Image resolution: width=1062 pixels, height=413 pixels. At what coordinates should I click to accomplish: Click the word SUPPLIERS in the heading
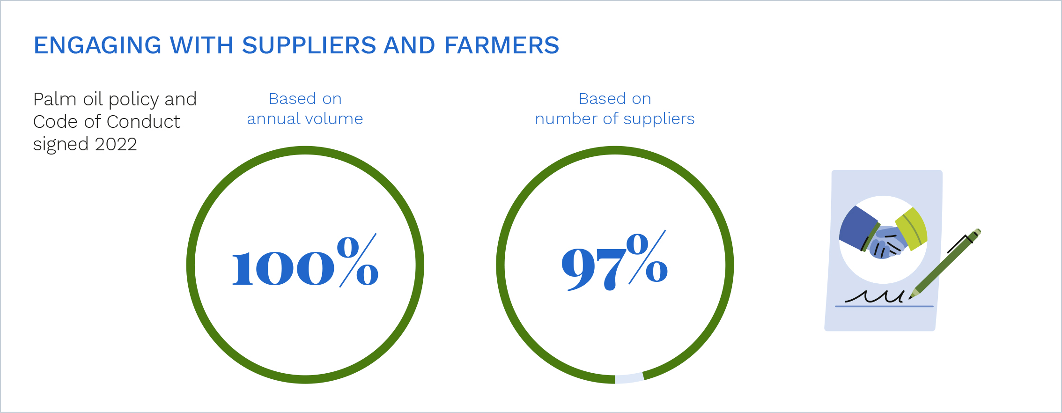(309, 45)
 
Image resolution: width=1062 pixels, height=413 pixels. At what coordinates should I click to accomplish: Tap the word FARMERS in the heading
(501, 45)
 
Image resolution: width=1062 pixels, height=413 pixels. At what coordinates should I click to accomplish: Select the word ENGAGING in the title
(98, 45)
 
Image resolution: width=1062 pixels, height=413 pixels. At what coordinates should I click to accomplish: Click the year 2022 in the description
(116, 144)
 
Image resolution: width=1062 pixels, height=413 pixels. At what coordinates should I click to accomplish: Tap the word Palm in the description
(55, 99)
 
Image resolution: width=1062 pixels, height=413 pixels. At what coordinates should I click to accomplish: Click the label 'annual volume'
(305, 119)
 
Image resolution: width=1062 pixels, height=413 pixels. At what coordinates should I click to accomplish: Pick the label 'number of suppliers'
(615, 119)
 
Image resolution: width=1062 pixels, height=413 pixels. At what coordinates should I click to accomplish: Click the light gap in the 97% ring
(629, 378)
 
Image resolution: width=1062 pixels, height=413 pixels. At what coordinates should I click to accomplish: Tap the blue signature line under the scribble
(884, 307)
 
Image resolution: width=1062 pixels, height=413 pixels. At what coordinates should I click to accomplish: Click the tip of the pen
(910, 298)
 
